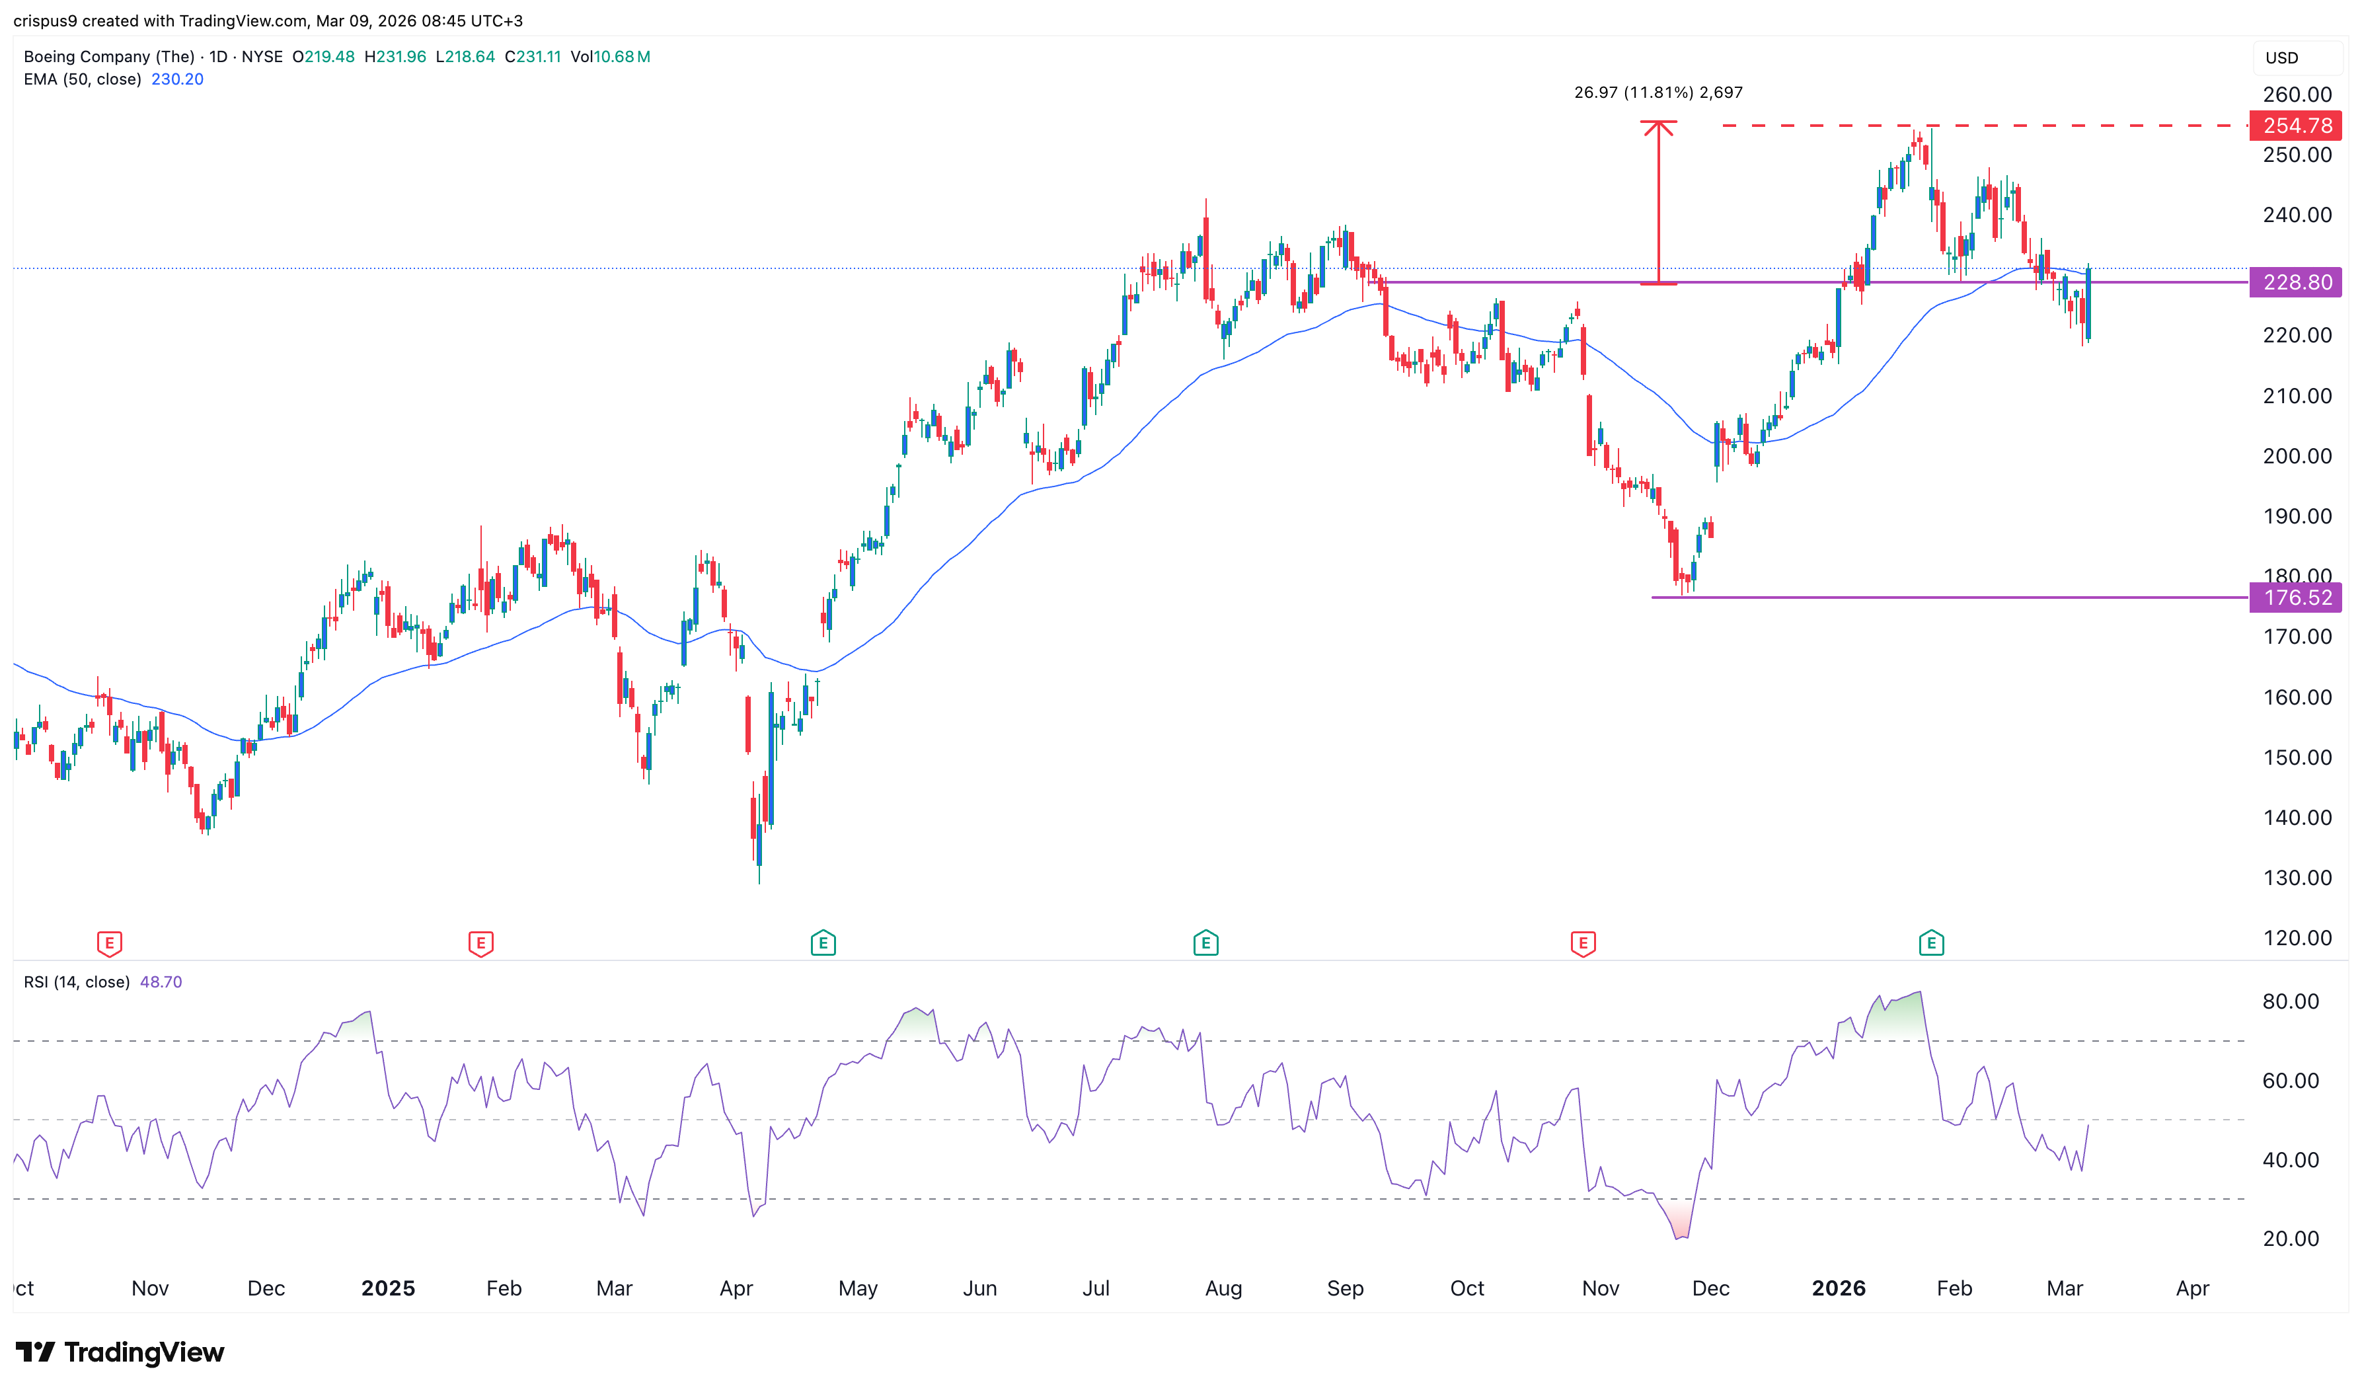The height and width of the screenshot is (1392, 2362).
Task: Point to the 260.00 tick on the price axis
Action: click(2297, 95)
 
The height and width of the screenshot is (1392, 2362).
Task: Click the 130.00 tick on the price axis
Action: click(2297, 878)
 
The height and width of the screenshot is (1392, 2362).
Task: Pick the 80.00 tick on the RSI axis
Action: click(2290, 1002)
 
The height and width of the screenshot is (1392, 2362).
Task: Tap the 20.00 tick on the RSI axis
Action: click(2290, 1239)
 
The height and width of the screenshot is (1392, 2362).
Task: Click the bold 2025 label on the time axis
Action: click(388, 1289)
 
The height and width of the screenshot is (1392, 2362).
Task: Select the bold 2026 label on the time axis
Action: click(1838, 1289)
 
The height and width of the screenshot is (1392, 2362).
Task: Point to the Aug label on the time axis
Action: click(1223, 1289)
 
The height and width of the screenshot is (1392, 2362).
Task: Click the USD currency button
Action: click(2282, 58)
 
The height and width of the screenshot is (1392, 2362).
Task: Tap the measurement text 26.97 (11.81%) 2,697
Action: click(1657, 93)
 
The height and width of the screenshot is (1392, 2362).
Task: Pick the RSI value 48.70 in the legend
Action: click(161, 982)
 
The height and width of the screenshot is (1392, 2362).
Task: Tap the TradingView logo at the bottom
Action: click(120, 1352)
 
